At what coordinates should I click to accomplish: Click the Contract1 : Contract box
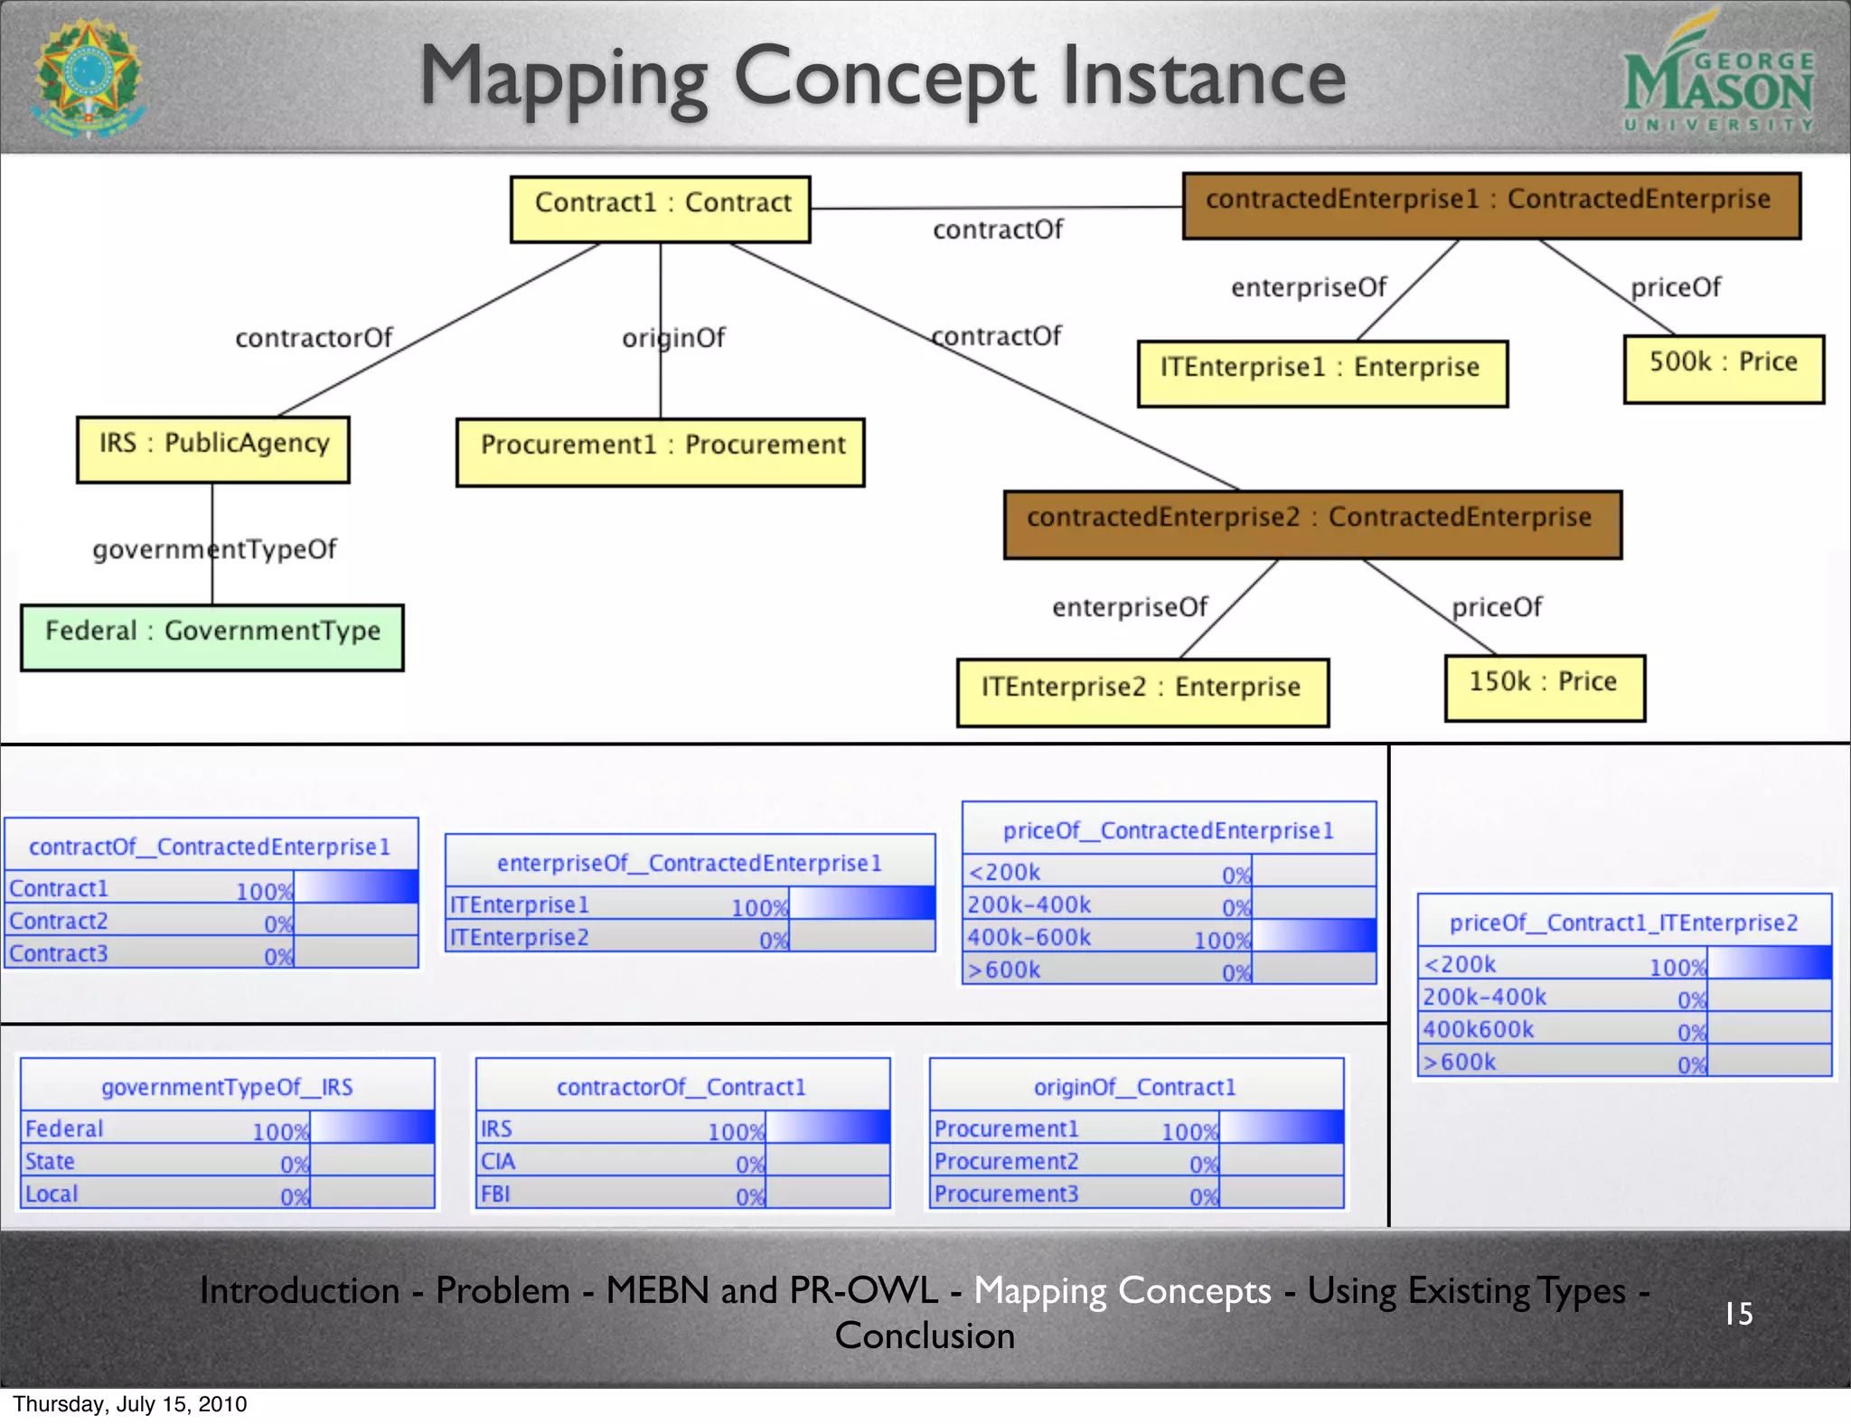661,208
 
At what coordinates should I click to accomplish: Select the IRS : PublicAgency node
213,448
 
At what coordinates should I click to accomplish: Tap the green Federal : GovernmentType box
212,636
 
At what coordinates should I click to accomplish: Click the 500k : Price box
1724,368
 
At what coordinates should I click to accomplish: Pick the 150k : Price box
1545,687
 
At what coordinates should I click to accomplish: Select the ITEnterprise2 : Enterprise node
1142,691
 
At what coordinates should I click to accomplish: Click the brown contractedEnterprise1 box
1491,204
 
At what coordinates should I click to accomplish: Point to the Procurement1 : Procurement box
661,451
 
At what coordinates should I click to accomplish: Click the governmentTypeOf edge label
215,549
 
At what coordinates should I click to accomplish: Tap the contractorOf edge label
314,338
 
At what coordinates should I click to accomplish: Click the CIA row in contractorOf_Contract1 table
682,1160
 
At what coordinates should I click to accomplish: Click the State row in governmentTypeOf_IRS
227,1160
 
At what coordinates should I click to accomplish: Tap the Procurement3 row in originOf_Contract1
1136,1193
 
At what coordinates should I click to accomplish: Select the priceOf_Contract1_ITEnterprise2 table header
1624,923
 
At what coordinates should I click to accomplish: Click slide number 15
1738,1313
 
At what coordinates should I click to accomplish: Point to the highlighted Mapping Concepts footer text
1122,1290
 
